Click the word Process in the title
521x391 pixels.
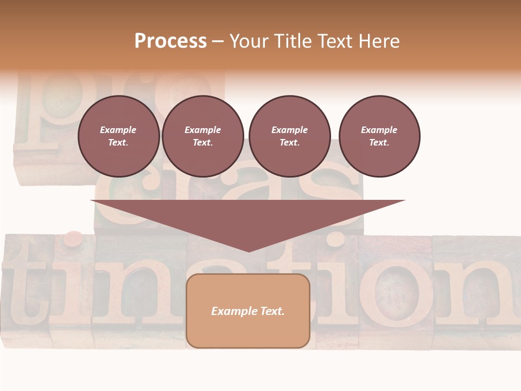click(170, 41)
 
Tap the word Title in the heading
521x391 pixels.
click(291, 41)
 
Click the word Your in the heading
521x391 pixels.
click(250, 41)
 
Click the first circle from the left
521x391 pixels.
click(118, 136)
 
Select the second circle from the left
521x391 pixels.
click(202, 136)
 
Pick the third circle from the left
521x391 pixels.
click(289, 136)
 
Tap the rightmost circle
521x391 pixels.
click(379, 136)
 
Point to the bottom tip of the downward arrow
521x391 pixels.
click(249, 251)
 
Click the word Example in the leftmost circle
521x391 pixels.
click(118, 130)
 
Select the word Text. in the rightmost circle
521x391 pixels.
click(379, 143)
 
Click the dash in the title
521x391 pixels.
click(218, 41)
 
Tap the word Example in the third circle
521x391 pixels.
click(289, 130)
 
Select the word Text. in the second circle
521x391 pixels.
click(202, 143)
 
